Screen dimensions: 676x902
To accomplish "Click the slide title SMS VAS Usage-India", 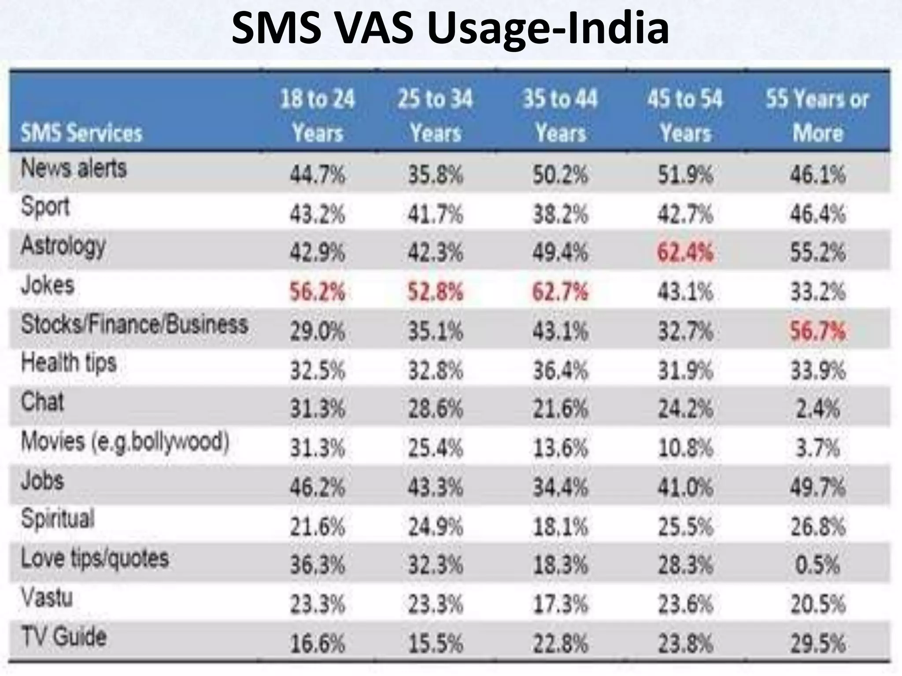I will [x=450, y=29].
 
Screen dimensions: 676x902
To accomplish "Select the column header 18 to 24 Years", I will [x=318, y=115].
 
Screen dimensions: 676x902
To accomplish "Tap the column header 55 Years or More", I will [x=817, y=115].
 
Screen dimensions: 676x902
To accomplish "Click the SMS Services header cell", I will [x=82, y=132].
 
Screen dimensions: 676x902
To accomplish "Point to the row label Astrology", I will [x=63, y=246].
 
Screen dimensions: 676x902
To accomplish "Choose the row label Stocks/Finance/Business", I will [x=135, y=324].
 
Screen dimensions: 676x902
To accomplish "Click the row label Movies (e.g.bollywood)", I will [x=125, y=441].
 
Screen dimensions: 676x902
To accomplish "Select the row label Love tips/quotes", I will [x=95, y=558].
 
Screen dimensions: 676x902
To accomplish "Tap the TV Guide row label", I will [x=64, y=637].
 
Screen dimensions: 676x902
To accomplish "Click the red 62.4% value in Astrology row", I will [x=685, y=253].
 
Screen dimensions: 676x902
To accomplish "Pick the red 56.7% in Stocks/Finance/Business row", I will [x=817, y=331].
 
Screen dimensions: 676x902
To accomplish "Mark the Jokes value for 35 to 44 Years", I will [x=560, y=292].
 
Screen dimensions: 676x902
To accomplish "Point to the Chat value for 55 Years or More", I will [x=817, y=409].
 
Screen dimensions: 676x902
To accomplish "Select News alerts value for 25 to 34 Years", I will [x=435, y=175].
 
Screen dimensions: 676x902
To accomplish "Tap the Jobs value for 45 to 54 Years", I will [x=685, y=487].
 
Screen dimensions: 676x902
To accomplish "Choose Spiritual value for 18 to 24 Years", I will [x=317, y=526].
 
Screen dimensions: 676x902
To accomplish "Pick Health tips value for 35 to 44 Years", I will [x=560, y=370].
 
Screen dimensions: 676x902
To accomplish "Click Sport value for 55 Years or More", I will [x=817, y=214].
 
